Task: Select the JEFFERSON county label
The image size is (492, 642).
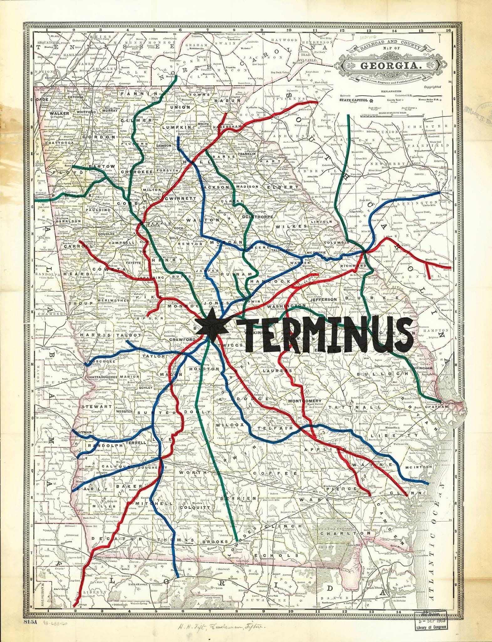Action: click(x=323, y=299)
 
